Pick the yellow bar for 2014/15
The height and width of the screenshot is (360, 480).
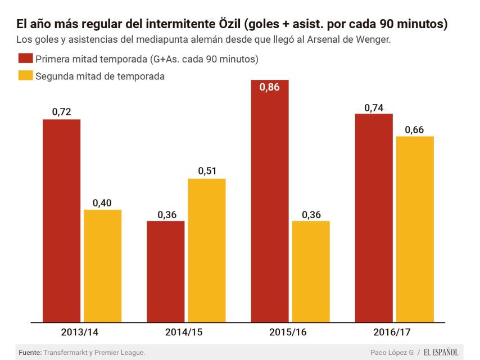pyautogui.click(x=206, y=250)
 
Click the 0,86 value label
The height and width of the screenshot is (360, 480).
pyautogui.click(x=269, y=87)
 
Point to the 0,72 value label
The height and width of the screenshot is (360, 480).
pyautogui.click(x=62, y=112)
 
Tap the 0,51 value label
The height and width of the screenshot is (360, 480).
pyautogui.click(x=206, y=171)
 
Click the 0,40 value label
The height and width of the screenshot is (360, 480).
pyautogui.click(x=102, y=202)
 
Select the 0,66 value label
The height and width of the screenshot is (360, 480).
pyautogui.click(x=415, y=129)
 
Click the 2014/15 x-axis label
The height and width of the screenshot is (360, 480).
pyautogui.click(x=185, y=332)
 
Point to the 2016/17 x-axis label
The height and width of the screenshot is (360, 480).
pyautogui.click(x=394, y=332)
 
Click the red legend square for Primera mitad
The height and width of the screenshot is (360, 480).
pyautogui.click(x=25, y=58)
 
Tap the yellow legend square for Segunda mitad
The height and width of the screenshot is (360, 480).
pyautogui.click(x=25, y=76)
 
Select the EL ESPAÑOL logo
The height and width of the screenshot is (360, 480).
pyautogui.click(x=441, y=352)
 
